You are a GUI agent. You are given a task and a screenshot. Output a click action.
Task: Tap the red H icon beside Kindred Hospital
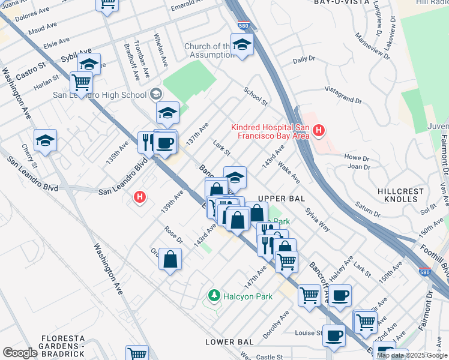319,130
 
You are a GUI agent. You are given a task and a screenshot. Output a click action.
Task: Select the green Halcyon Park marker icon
213,296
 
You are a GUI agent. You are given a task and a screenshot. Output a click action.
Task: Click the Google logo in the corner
20,352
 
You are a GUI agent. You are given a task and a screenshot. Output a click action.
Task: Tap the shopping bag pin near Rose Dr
170,260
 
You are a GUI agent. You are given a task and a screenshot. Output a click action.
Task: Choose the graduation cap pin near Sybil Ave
89,64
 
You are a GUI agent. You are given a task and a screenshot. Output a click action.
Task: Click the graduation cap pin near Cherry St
45,140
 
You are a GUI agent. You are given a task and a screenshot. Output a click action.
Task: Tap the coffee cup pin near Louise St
334,335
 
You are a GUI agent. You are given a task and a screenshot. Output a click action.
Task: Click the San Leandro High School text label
100,95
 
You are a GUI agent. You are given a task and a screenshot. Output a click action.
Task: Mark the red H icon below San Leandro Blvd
140,196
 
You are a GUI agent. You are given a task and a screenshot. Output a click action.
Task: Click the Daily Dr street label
304,59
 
